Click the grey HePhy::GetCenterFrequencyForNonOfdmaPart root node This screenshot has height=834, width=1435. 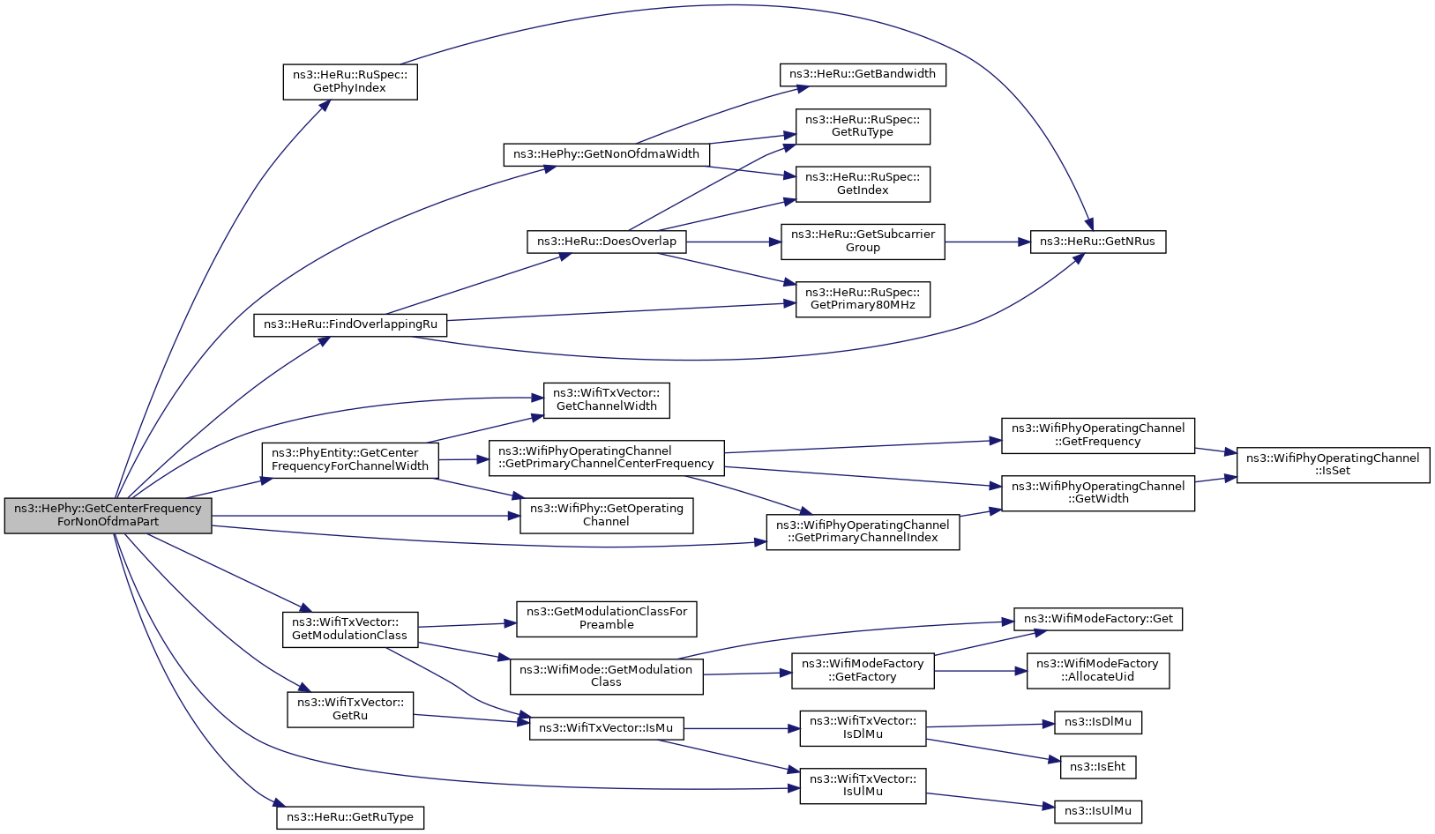pyautogui.click(x=108, y=516)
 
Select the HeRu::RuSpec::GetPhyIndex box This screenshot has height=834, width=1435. pyautogui.click(x=350, y=81)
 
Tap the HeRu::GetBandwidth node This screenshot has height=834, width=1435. pyautogui.click(x=863, y=74)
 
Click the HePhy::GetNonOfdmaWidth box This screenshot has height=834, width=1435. pyautogui.click(x=606, y=154)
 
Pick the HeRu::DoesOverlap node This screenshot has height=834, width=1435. pyautogui.click(x=606, y=242)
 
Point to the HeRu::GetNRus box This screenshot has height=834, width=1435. pyautogui.click(x=1097, y=242)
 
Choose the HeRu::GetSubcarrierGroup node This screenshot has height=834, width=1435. pyautogui.click(x=863, y=242)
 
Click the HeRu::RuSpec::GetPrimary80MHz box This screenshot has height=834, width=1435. pyautogui.click(x=863, y=299)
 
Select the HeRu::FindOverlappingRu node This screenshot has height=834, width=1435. pyautogui.click(x=350, y=324)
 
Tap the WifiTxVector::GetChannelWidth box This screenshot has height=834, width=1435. pyautogui.click(x=606, y=400)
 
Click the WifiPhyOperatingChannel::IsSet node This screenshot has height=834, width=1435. pyautogui.click(x=1333, y=465)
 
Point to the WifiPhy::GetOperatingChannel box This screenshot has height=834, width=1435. pyautogui.click(x=606, y=516)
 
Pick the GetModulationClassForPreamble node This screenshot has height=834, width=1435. pyautogui.click(x=606, y=619)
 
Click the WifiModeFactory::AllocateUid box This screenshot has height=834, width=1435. pyautogui.click(x=1097, y=671)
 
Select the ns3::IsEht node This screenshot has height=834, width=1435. pyautogui.click(x=1097, y=767)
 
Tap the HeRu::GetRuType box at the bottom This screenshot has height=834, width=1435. pyautogui.click(x=350, y=817)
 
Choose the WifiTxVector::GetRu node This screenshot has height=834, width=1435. pyautogui.click(x=350, y=709)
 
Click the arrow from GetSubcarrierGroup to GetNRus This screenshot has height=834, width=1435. pyautogui.click(x=987, y=242)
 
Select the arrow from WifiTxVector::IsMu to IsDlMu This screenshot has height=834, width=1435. pyautogui.click(x=742, y=728)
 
